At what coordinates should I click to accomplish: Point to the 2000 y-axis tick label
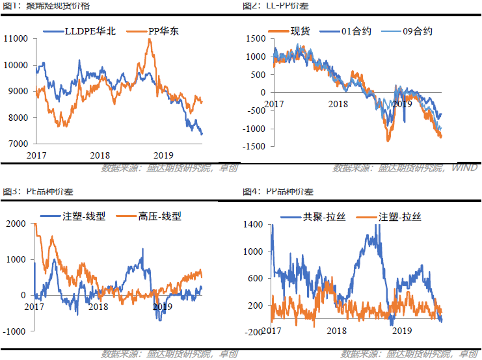click(14, 224)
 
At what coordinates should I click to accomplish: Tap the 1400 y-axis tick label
click(254, 224)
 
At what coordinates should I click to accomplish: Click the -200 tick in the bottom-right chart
click(254, 332)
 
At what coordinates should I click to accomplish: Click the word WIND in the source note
click(464, 168)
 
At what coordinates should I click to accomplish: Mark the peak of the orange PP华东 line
click(150, 40)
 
